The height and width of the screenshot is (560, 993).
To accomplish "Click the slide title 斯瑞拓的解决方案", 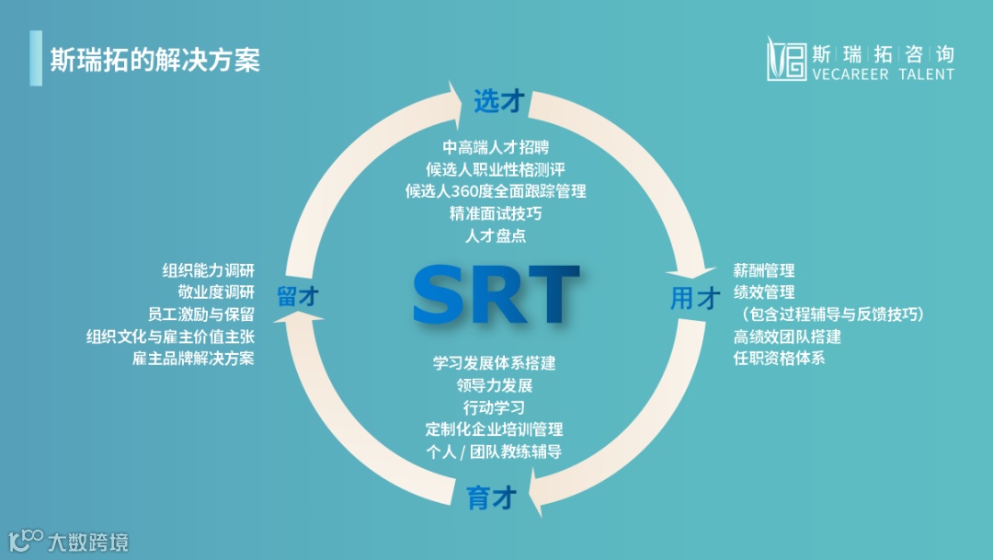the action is tap(155, 60).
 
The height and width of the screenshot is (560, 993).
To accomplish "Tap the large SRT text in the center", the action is tap(496, 294).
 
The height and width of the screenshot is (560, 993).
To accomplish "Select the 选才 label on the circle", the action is tap(497, 102).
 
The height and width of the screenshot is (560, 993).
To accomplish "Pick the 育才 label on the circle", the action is tap(491, 498).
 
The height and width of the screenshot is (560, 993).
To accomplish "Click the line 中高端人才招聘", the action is tap(496, 147).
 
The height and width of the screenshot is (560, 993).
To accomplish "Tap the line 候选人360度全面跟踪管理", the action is tap(496, 191).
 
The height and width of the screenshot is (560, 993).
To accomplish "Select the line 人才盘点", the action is tap(496, 235).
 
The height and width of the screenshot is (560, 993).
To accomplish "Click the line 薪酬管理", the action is tap(764, 270).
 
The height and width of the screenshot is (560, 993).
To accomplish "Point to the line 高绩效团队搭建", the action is tap(787, 337).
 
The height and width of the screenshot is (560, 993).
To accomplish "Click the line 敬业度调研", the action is tap(216, 292).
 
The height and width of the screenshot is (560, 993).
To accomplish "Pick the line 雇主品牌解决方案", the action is tap(193, 358).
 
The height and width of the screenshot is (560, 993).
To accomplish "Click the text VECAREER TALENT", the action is tap(884, 74).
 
